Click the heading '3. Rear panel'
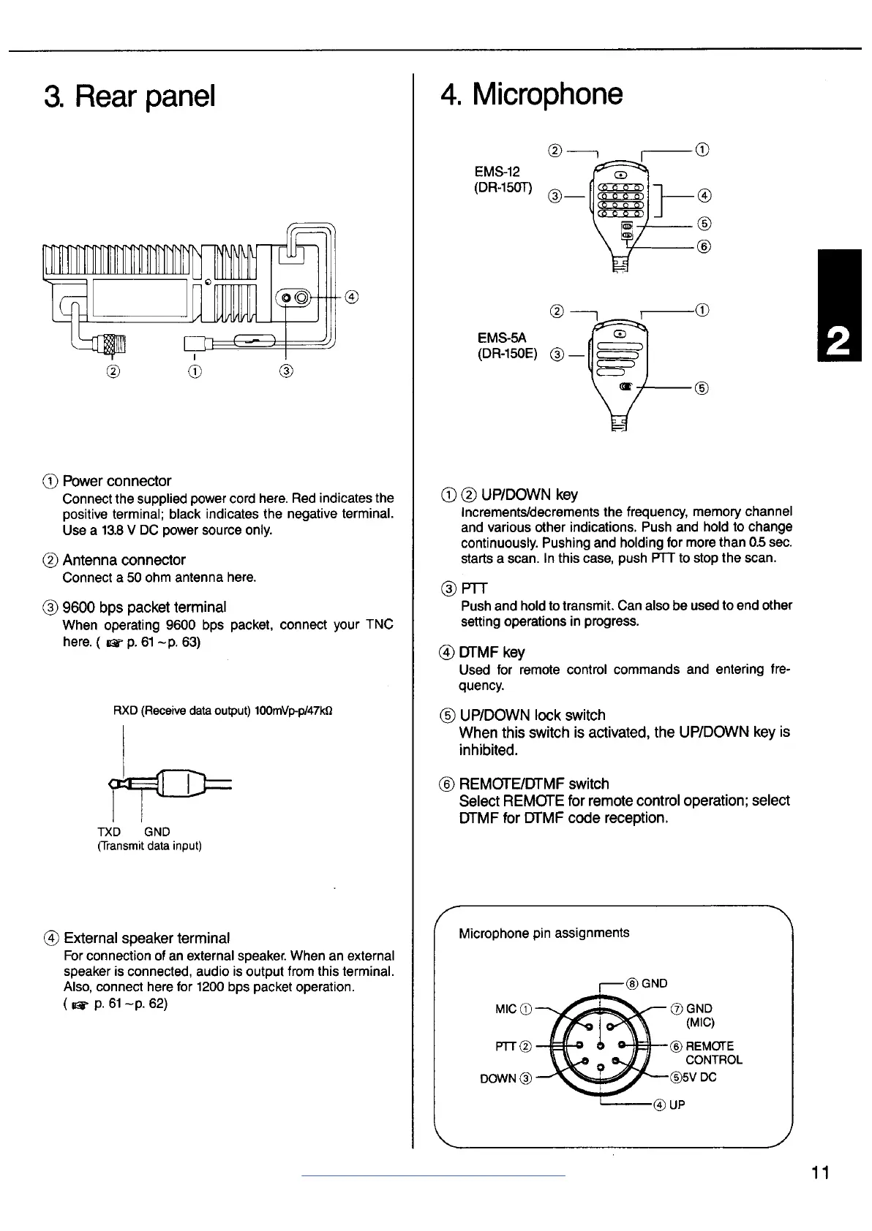pyautogui.click(x=129, y=96)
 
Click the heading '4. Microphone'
pyautogui.click(x=532, y=94)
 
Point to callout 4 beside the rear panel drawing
pyautogui.click(x=352, y=297)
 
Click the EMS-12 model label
pyautogui.click(x=497, y=172)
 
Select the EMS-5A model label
pyautogui.click(x=502, y=338)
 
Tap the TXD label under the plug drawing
pyautogui.click(x=109, y=831)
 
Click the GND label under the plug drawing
pyautogui.click(x=157, y=831)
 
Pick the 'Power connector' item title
pyautogui.click(x=116, y=481)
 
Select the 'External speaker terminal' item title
pyautogui.click(x=146, y=938)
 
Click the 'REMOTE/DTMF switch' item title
pyautogui.click(x=533, y=784)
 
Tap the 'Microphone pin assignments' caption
pyautogui.click(x=544, y=933)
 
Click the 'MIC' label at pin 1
pyautogui.click(x=505, y=1009)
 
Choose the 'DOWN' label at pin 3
pyautogui.click(x=497, y=1079)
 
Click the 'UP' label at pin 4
pyautogui.click(x=677, y=1105)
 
